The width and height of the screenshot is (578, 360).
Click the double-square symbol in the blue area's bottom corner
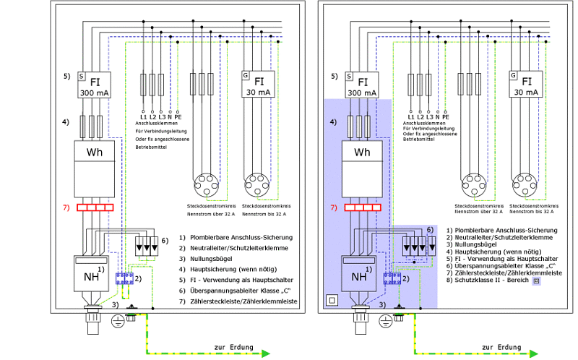pos(332,299)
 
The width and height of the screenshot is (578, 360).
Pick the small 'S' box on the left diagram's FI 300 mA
pos(82,75)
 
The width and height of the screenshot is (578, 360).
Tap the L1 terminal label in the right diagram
pos(410,116)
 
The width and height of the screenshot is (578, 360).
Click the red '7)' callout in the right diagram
pos(334,208)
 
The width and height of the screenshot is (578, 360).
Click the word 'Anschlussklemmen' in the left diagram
pos(160,124)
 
